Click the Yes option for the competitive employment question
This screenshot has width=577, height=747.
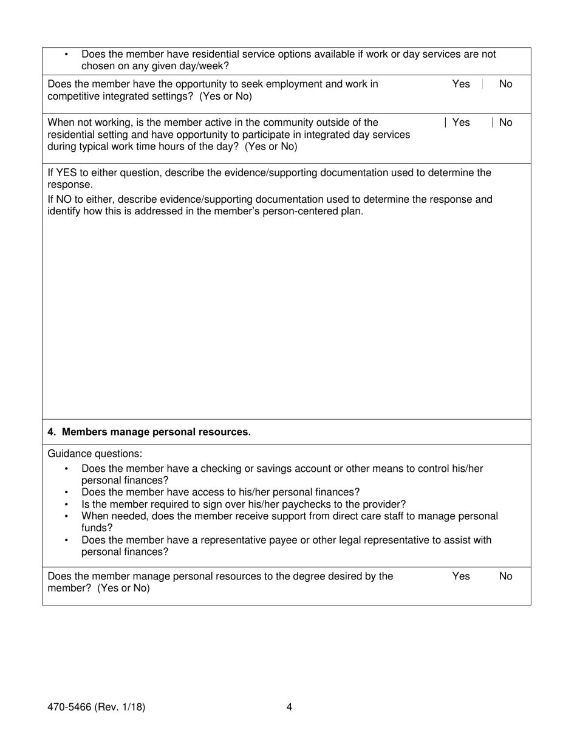click(x=461, y=84)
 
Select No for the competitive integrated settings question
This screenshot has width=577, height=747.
click(x=505, y=84)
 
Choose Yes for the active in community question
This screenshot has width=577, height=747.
click(x=461, y=123)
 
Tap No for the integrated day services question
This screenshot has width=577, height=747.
click(x=505, y=123)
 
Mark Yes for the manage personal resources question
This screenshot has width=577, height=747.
click(x=461, y=576)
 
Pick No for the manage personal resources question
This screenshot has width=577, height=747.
click(x=505, y=576)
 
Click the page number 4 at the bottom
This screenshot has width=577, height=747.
click(x=289, y=707)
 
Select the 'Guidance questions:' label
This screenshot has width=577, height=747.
click(x=95, y=454)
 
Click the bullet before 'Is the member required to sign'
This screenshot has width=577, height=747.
click(x=66, y=505)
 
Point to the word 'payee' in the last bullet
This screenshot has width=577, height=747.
click(x=312, y=540)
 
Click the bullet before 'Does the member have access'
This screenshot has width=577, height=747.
click(x=66, y=493)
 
